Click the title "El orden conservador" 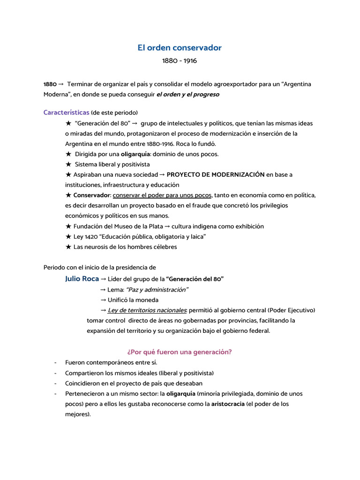tap(180, 48)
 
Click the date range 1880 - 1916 tap(180, 61)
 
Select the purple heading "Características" tap(66, 112)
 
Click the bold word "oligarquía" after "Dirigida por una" tap(136, 154)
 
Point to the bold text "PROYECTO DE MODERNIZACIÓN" tap(216, 174)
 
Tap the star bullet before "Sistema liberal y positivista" tap(68, 164)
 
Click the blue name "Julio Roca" tap(82, 279)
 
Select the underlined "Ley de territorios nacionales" tap(147, 310)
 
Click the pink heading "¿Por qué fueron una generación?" tap(180, 352)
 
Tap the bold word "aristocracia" tap(228, 404)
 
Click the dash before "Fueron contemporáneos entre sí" tap(56, 363)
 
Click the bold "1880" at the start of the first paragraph tap(50, 84)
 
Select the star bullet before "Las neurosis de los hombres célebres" tap(68, 247)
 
